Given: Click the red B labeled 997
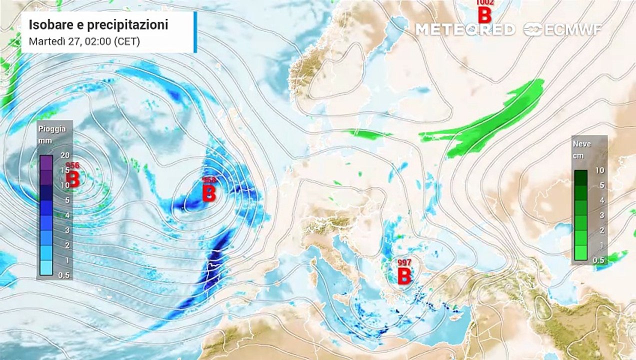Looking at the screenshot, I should tap(404, 275).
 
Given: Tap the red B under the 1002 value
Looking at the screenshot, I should tap(484, 15).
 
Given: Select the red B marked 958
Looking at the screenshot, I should tap(209, 193).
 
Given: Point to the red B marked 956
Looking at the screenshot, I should tap(73, 179).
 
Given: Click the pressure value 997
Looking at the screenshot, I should tap(404, 262).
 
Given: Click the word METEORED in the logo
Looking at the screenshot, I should tap(465, 29).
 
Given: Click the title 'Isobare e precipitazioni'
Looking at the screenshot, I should tap(98, 25).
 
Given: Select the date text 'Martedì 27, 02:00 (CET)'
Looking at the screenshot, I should tap(84, 41).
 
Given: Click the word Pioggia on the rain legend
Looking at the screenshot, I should tap(52, 128).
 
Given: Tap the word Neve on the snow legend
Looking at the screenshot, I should tap(582, 144).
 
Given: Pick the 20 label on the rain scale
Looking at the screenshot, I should tap(64, 155).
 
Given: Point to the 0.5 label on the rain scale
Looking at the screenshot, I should tap(64, 275).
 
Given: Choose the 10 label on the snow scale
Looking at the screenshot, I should tap(599, 170).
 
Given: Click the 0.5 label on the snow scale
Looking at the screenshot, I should tap(598, 260).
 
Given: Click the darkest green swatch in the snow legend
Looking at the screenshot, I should tap(581, 177).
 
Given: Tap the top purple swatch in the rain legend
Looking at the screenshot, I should tap(46, 162).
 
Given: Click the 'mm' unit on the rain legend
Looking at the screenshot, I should tap(45, 140).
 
